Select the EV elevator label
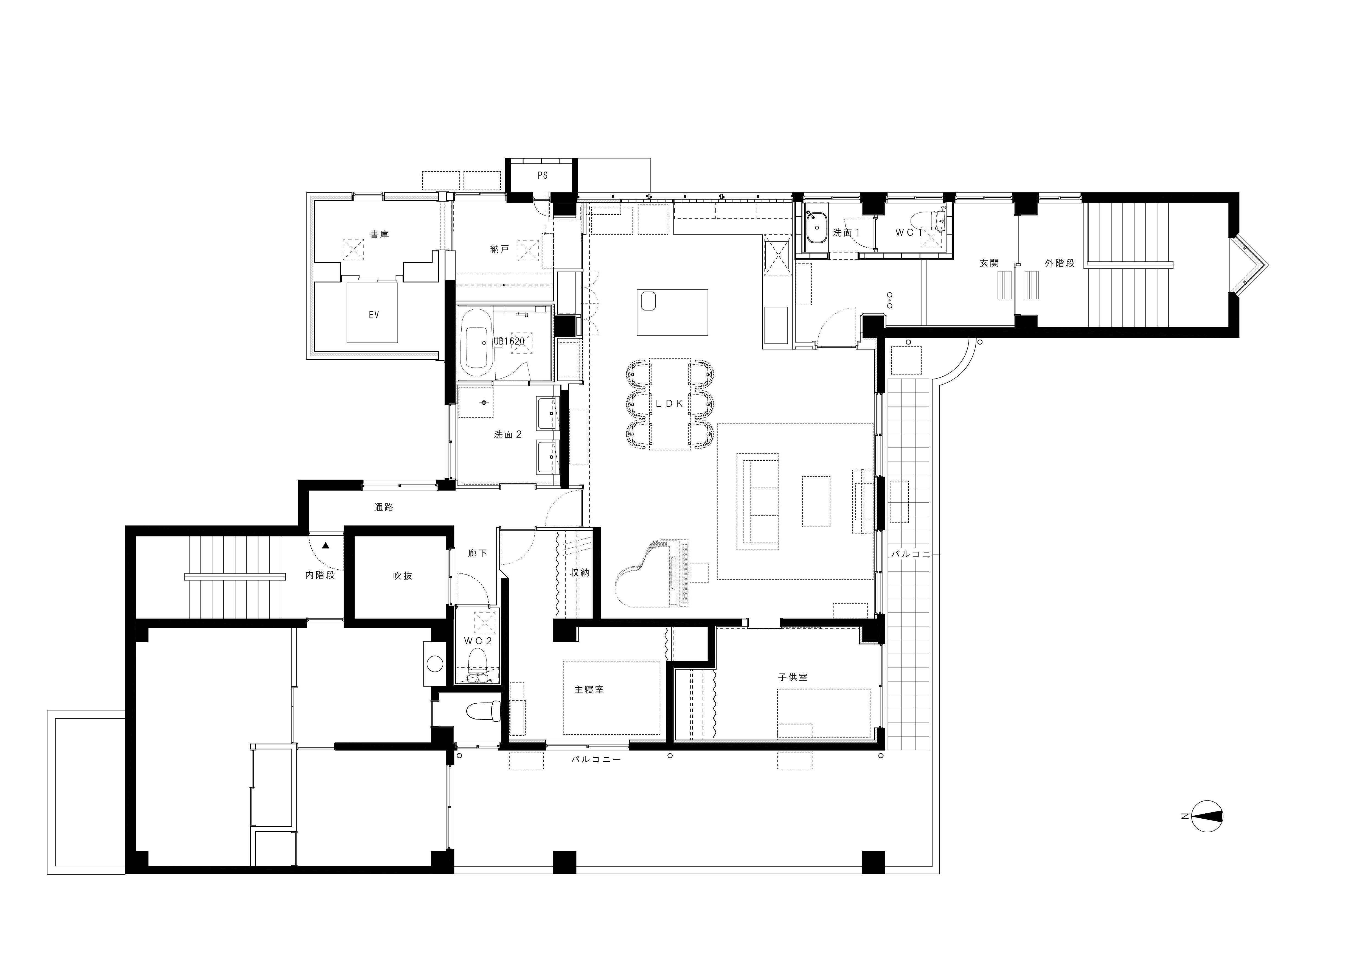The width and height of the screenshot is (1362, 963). click(374, 315)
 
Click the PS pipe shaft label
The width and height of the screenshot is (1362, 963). click(542, 176)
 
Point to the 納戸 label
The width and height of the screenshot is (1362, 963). click(499, 249)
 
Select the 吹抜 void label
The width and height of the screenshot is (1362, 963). click(403, 576)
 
